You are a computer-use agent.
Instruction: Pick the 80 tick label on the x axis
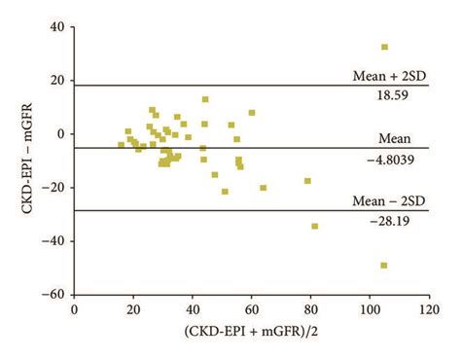[310, 311]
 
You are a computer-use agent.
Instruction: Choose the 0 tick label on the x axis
[75, 311]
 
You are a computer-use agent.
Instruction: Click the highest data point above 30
[384, 47]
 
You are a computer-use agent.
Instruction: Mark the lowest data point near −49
[384, 265]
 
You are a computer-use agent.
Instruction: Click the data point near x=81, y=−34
[314, 226]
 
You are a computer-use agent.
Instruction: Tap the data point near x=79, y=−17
[307, 181]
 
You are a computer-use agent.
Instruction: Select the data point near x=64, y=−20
[263, 188]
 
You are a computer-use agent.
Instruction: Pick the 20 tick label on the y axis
[54, 81]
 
